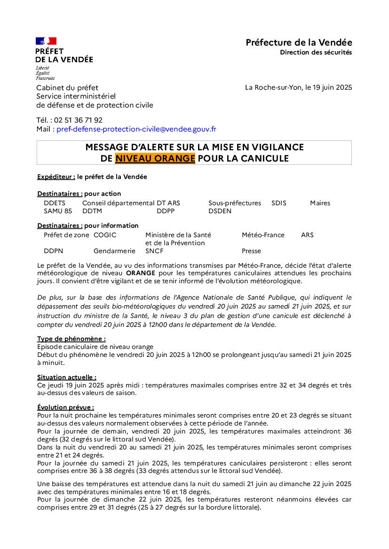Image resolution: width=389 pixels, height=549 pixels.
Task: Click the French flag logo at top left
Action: coord(46,41)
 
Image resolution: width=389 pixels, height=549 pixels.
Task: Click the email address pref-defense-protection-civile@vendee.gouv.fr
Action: coord(136,129)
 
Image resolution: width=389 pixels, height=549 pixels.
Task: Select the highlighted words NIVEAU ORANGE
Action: coord(155,159)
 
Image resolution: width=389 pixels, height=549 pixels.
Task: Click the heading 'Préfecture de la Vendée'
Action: coord(299,43)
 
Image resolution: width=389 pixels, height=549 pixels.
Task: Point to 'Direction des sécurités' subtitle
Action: coord(316,53)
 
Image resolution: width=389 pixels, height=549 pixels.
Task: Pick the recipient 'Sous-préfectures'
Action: coord(235,203)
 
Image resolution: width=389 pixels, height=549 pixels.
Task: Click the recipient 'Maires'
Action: coord(320,203)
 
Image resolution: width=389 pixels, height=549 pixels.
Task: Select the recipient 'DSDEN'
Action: coord(220,211)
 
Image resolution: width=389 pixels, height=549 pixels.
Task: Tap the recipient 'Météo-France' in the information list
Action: coord(263,235)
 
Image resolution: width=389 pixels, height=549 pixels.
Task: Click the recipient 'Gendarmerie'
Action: coord(114,251)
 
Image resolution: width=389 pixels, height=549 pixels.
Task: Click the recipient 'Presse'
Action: coord(251,251)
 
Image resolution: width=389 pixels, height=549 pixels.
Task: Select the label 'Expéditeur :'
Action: coord(56,177)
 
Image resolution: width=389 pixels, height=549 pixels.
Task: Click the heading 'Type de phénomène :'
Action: coord(71,339)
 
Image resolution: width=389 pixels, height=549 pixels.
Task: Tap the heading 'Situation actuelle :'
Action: coord(67,377)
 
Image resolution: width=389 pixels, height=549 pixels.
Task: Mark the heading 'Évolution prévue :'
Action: coord(65,408)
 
